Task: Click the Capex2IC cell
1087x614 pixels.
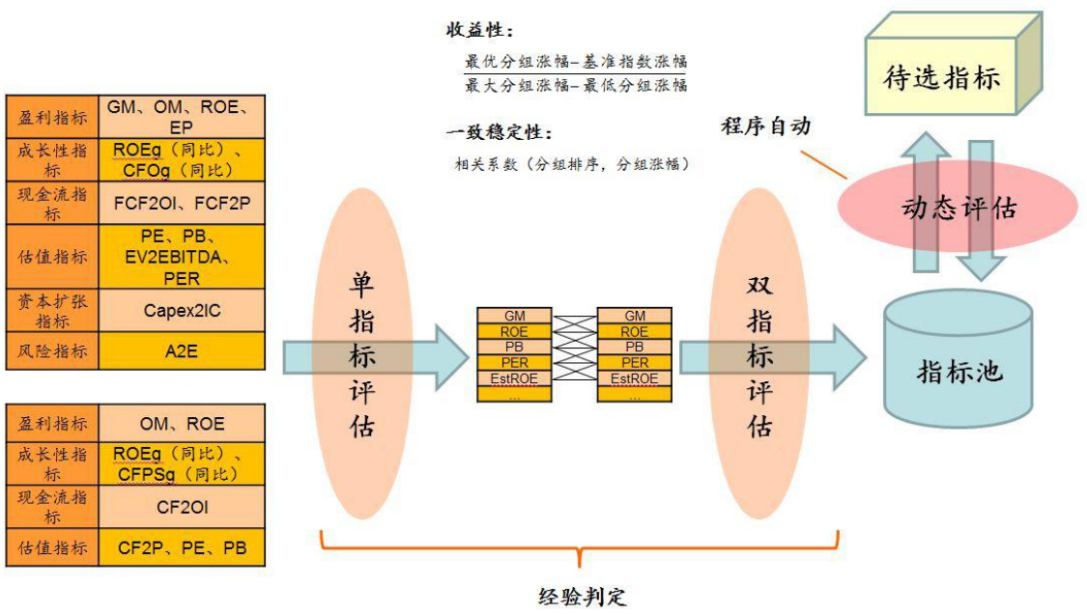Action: point(183,310)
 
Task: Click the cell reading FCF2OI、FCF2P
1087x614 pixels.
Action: point(183,204)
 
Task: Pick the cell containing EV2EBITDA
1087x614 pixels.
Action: point(183,257)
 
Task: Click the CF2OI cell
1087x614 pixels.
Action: point(183,506)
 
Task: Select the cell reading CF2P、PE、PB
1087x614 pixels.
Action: point(183,548)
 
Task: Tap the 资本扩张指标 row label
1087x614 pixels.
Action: point(52,310)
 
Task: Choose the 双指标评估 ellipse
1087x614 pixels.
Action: point(760,354)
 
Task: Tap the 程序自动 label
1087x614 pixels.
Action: point(765,126)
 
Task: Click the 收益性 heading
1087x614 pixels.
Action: point(479,30)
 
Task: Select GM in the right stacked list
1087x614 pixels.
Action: point(635,317)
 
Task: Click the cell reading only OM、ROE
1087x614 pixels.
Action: point(183,424)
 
